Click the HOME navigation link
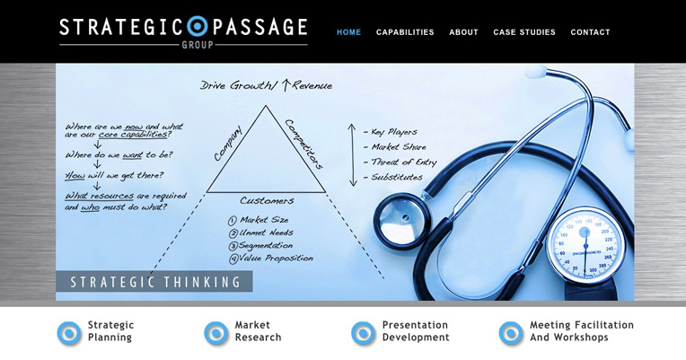coord(348,32)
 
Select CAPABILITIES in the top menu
coord(405,32)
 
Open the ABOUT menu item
coord(463,32)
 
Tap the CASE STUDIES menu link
coord(524,32)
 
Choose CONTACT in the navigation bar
coord(590,32)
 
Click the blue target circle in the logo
coord(198,26)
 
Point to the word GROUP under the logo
coord(198,45)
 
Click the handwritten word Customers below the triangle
coord(267,201)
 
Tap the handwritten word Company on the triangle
coord(228,144)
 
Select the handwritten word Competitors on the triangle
coord(304,144)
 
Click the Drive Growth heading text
coord(266,85)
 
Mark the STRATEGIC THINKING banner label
coord(155,282)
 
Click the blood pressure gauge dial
coord(585,246)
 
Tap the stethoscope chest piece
coord(401,221)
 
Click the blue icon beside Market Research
coord(216,333)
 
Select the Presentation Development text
coord(416,331)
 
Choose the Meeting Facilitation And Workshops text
coord(582,331)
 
